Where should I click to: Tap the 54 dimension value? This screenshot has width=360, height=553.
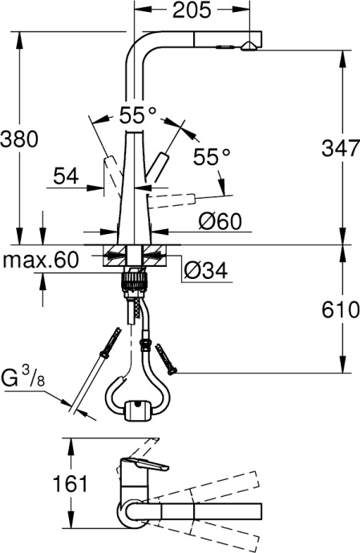tap(67, 175)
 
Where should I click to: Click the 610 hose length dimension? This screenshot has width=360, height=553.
tap(338, 310)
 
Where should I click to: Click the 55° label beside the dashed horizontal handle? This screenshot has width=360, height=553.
tap(211, 158)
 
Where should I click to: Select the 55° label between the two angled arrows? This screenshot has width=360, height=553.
tap(137, 115)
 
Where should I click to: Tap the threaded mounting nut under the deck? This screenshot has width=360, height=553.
tap(136, 281)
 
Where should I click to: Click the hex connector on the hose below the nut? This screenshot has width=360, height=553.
tap(144, 345)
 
